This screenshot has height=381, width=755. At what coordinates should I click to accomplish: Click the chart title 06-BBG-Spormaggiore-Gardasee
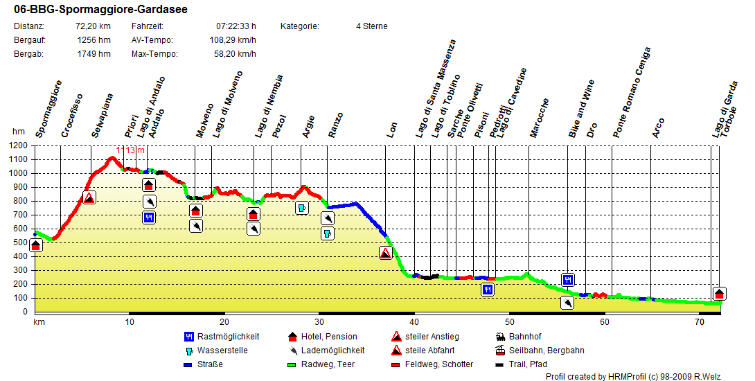(100, 10)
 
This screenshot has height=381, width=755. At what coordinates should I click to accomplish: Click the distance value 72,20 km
(94, 26)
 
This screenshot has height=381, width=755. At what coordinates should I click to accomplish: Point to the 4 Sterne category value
(372, 26)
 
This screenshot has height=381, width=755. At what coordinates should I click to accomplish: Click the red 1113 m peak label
(130, 150)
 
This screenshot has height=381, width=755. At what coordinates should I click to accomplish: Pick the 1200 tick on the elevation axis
(19, 145)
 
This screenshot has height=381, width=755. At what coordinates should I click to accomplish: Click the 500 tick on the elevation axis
(21, 242)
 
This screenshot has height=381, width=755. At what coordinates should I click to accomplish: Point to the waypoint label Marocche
(539, 118)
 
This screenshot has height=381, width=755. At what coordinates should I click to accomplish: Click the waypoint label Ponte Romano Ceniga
(631, 93)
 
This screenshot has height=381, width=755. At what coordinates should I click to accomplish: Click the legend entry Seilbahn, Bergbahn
(546, 351)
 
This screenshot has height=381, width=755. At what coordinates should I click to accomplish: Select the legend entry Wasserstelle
(222, 351)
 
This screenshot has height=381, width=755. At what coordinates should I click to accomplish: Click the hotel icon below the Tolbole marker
(719, 294)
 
